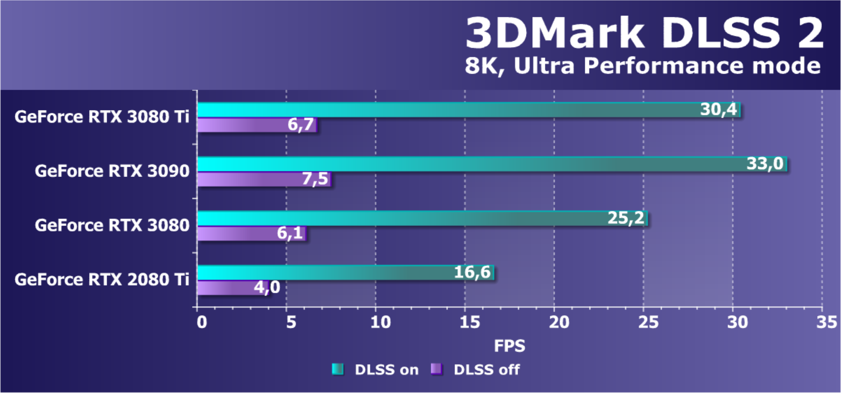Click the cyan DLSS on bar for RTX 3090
click(x=467, y=164)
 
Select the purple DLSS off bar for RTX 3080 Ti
click(x=243, y=125)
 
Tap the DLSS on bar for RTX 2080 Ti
click(x=327, y=273)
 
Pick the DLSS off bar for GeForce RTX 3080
click(x=238, y=233)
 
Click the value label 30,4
click(x=718, y=110)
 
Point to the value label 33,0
click(x=764, y=164)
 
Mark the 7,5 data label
click(x=315, y=179)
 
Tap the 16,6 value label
click(x=472, y=272)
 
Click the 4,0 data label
click(x=267, y=287)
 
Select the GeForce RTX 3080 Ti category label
click(x=102, y=117)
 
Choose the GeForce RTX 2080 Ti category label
click(x=102, y=280)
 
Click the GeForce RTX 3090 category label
click(x=112, y=171)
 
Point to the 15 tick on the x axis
click(x=470, y=322)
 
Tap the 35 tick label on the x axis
click(x=827, y=322)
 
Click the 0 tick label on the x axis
click(x=202, y=322)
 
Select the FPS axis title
click(x=509, y=346)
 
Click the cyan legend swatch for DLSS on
click(x=337, y=369)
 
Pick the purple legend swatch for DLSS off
click(x=436, y=369)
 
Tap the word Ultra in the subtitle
click(x=544, y=66)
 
